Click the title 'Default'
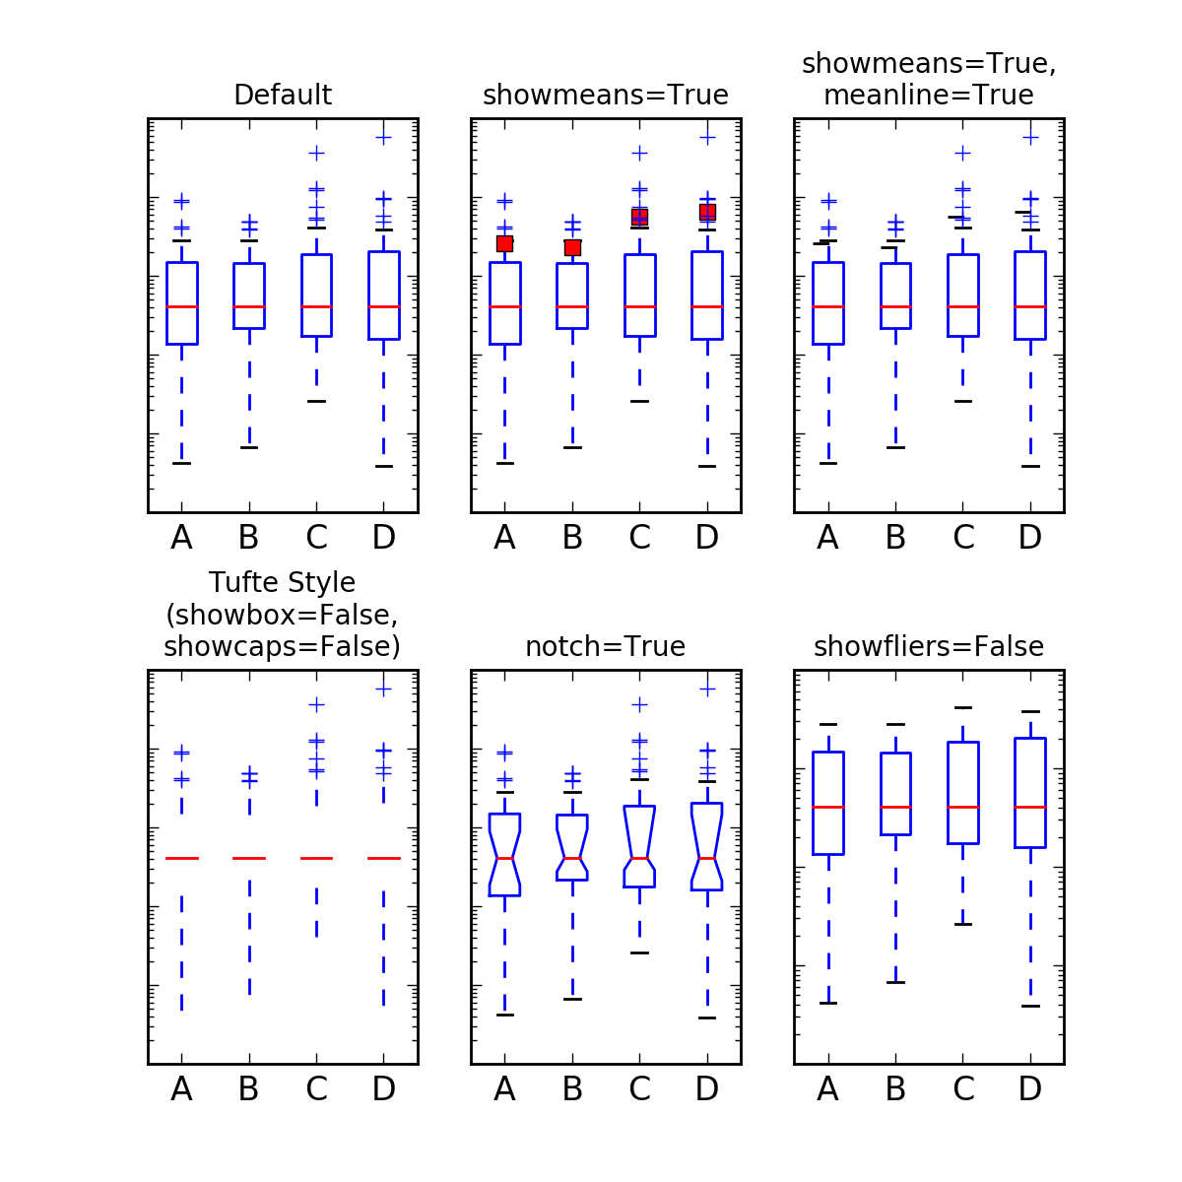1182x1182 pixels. tap(283, 96)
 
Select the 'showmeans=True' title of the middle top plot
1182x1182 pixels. tap(606, 96)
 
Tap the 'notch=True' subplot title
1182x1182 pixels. tap(606, 647)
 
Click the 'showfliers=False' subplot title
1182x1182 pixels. tap(929, 647)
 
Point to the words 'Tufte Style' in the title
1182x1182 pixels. tap(283, 583)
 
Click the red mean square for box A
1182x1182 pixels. tap(504, 243)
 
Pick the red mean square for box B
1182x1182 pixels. tap(572, 247)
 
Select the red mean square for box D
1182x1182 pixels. tap(707, 212)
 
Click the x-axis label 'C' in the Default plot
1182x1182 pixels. tap(316, 538)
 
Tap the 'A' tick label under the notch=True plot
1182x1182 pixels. tap(504, 1089)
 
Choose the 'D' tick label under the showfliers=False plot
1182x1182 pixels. tap(1030, 1089)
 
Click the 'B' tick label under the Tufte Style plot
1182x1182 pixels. tap(248, 1089)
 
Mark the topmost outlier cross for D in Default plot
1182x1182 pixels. tap(384, 137)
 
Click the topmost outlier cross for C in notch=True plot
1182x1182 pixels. tap(639, 704)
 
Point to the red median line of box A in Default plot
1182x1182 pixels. tap(181, 306)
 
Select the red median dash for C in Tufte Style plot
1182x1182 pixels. tap(316, 858)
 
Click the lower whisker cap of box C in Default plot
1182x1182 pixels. tap(316, 401)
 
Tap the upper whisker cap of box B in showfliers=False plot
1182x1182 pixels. tap(895, 724)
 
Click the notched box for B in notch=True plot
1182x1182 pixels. tap(572, 847)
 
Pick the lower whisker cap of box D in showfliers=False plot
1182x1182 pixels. tap(1030, 1006)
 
